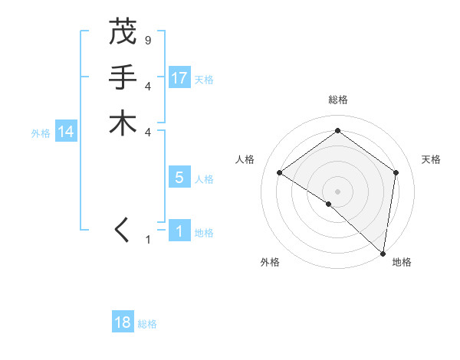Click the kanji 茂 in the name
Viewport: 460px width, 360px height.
coord(123,31)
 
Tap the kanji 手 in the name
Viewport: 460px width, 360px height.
coord(123,77)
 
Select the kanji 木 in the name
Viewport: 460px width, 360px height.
coord(123,123)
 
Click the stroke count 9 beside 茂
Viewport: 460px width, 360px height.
coord(147,40)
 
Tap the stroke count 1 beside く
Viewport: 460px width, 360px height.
coord(147,240)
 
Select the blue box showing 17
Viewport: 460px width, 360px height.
coord(179,77)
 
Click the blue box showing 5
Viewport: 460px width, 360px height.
coord(179,178)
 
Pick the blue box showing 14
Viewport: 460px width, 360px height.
coord(66,132)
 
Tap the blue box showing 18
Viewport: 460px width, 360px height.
coord(123,322)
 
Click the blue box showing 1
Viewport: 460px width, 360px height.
coord(179,231)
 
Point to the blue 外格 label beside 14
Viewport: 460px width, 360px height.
coord(41,133)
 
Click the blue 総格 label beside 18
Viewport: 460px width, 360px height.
coord(147,324)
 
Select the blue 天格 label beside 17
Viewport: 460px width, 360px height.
coord(204,79)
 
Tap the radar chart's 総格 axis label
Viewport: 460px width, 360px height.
coord(338,100)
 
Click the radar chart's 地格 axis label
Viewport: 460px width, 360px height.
coord(402,262)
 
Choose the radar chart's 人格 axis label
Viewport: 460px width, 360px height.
coord(245,159)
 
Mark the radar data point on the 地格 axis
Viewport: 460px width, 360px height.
coord(383,253)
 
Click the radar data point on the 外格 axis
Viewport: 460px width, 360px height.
coord(328,204)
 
